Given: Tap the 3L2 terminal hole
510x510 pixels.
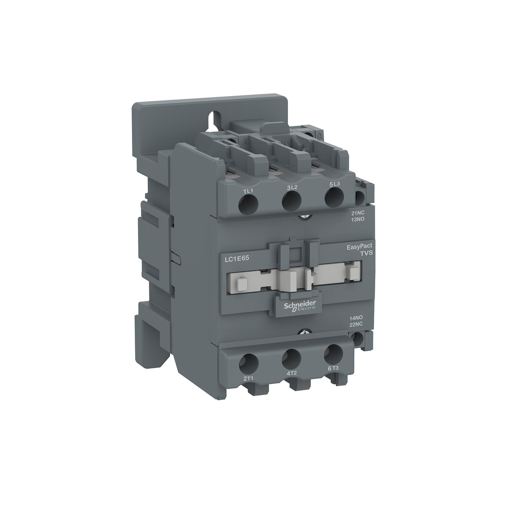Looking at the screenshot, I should coord(291,200).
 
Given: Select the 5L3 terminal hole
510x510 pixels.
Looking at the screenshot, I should coord(334,197).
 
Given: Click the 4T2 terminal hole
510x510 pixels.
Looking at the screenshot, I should coord(292,358).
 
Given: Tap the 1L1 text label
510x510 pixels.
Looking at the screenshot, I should coord(249,191).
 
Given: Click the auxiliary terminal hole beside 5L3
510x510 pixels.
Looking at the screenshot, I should coord(359,198).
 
